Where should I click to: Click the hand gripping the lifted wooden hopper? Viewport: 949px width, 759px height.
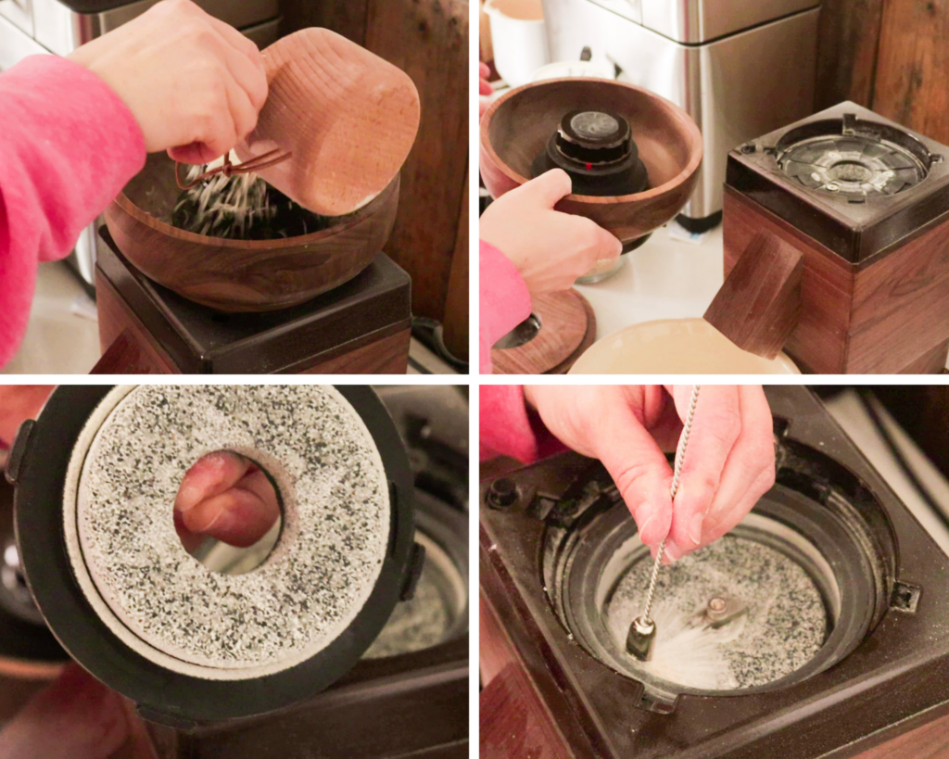click(547, 232)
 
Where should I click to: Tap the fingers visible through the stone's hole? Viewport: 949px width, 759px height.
click(227, 505)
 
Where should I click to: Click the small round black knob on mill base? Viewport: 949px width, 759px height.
click(503, 493)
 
